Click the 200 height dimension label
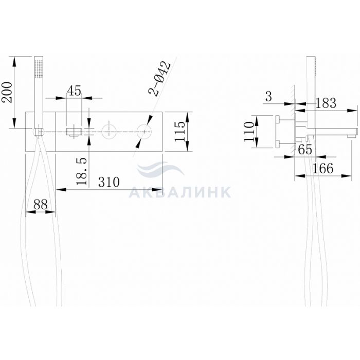tap(7, 92)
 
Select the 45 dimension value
tap(74, 91)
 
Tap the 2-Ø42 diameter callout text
tap(160, 79)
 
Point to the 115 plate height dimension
tap(180, 131)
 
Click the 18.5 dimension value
tap(82, 171)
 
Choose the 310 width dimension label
tap(109, 182)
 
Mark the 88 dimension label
tap(41, 204)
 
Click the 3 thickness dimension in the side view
tap(268, 97)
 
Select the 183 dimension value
tap(326, 103)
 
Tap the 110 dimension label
tap(249, 132)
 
